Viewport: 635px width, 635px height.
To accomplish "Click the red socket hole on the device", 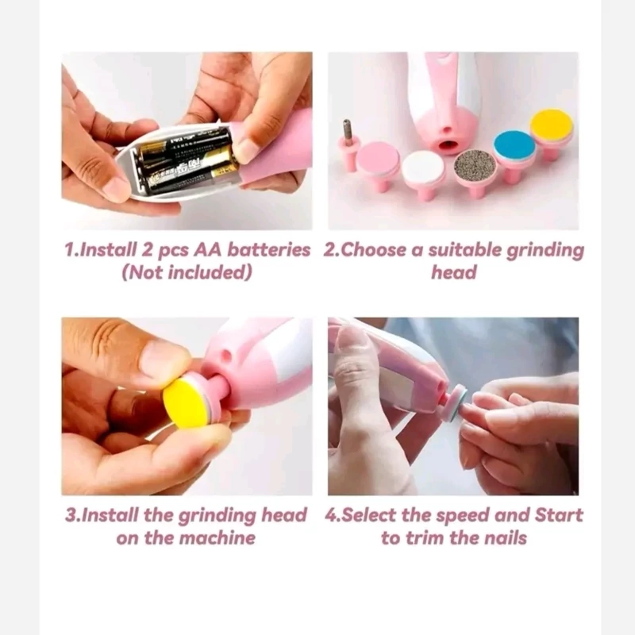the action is [446, 144].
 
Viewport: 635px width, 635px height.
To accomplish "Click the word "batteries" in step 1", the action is [268, 250].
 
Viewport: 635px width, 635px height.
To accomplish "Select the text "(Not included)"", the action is [187, 272].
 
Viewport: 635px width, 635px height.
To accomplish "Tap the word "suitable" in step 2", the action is [464, 250].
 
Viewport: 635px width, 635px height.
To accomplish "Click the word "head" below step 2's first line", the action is [453, 272].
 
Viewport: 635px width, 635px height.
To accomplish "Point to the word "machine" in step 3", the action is [217, 538].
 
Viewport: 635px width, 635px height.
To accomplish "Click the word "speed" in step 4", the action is [462, 515].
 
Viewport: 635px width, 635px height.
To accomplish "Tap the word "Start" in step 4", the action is [559, 515].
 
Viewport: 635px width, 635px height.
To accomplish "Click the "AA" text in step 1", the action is [208, 250].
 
